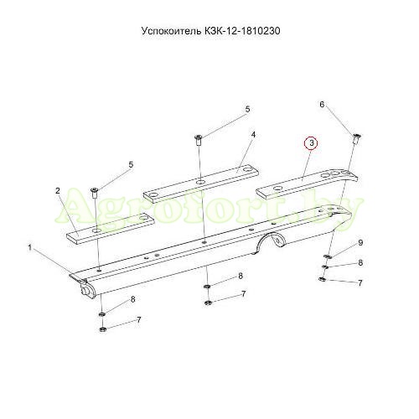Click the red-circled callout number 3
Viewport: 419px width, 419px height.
(312, 143)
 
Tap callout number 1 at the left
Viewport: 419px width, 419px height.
(30, 247)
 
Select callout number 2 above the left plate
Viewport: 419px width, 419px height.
(58, 191)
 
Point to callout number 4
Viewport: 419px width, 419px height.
(253, 135)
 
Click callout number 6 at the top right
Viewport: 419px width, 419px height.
(322, 105)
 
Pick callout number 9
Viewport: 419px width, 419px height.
(360, 242)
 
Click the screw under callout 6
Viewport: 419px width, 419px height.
(357, 138)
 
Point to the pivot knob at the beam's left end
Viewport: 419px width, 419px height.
(85, 290)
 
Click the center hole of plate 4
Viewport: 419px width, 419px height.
(200, 183)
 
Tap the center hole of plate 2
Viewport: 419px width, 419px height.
(97, 230)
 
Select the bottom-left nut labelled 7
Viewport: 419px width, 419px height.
(102, 329)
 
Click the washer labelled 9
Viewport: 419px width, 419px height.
(327, 256)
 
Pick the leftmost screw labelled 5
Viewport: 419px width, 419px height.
(95, 193)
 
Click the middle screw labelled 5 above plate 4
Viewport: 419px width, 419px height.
(199, 140)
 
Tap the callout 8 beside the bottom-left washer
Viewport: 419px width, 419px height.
(133, 299)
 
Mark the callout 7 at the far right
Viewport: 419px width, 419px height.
(360, 283)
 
